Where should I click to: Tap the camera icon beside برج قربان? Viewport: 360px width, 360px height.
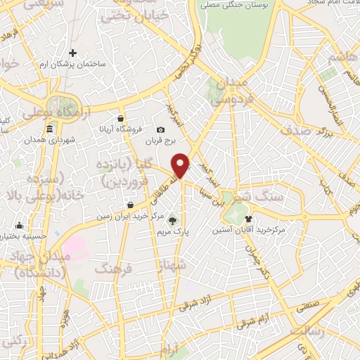tap(161, 129)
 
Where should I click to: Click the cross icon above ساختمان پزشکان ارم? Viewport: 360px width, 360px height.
tap(73, 53)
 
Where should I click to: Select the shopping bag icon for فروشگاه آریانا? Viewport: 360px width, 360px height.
tap(121, 118)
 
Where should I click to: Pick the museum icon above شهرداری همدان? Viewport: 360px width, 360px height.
tap(49, 129)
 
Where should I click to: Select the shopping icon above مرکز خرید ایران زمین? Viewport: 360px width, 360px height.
tap(131, 205)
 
